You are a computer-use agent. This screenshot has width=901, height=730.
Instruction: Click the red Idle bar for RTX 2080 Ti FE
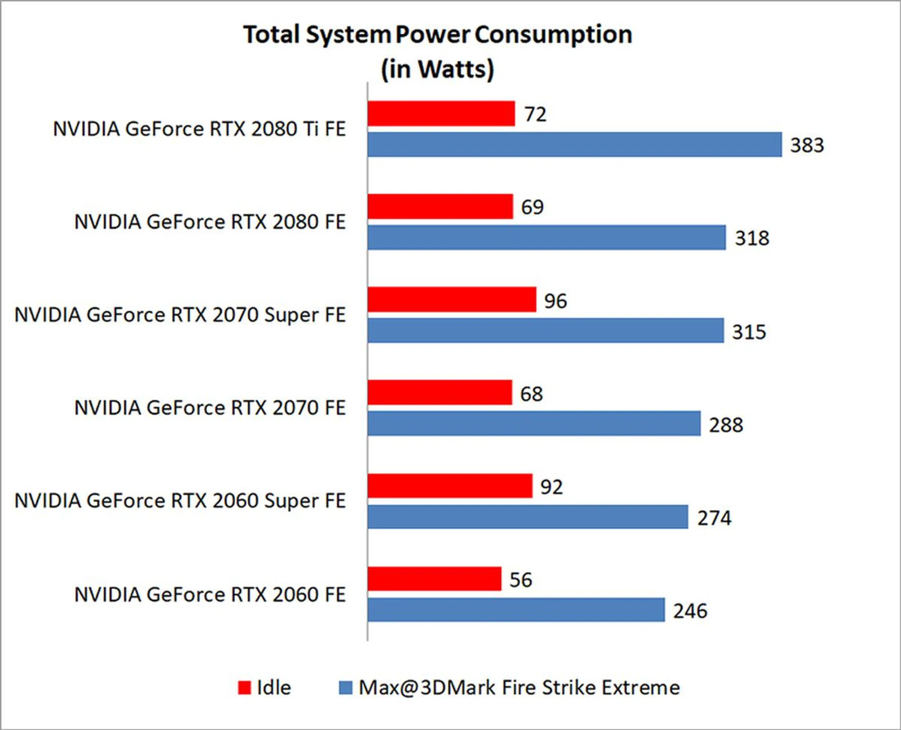pyautogui.click(x=441, y=114)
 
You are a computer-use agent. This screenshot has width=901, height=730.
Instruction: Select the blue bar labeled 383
pyautogui.click(x=574, y=145)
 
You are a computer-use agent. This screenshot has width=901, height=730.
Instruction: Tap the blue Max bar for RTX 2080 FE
pyautogui.click(x=546, y=238)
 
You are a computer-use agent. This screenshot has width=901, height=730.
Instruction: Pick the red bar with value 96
pyautogui.click(x=451, y=300)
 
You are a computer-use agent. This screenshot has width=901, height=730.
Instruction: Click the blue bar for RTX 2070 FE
pyautogui.click(x=534, y=423)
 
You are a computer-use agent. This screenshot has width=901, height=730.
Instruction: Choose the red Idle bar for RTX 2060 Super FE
pyautogui.click(x=450, y=486)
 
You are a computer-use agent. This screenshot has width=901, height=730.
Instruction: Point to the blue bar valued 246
pyautogui.click(x=516, y=610)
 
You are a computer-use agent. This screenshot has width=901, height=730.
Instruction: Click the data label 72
pyautogui.click(x=535, y=114)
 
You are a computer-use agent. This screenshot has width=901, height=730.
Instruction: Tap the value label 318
pyautogui.click(x=752, y=238)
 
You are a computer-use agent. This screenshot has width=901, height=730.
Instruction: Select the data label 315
pyautogui.click(x=749, y=332)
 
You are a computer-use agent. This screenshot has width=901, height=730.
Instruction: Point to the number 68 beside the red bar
pyautogui.click(x=531, y=394)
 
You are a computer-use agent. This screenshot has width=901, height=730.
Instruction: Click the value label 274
pyautogui.click(x=714, y=518)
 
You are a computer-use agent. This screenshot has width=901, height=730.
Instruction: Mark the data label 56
pyautogui.click(x=520, y=580)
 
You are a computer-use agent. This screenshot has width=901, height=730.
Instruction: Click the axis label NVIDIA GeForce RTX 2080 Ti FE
pyautogui.click(x=199, y=129)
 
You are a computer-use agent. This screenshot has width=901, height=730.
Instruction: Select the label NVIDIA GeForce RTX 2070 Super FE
pyautogui.click(x=180, y=315)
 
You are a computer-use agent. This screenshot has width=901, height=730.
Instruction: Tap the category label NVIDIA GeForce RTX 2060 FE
pyautogui.click(x=210, y=594)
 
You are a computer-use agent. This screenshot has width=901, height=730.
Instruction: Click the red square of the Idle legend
pyautogui.click(x=244, y=688)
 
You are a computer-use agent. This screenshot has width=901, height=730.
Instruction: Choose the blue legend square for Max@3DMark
pyautogui.click(x=345, y=688)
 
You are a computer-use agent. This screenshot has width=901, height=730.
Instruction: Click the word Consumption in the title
pyautogui.click(x=553, y=35)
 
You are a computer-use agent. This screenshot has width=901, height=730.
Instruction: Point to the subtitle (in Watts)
pyautogui.click(x=437, y=69)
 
